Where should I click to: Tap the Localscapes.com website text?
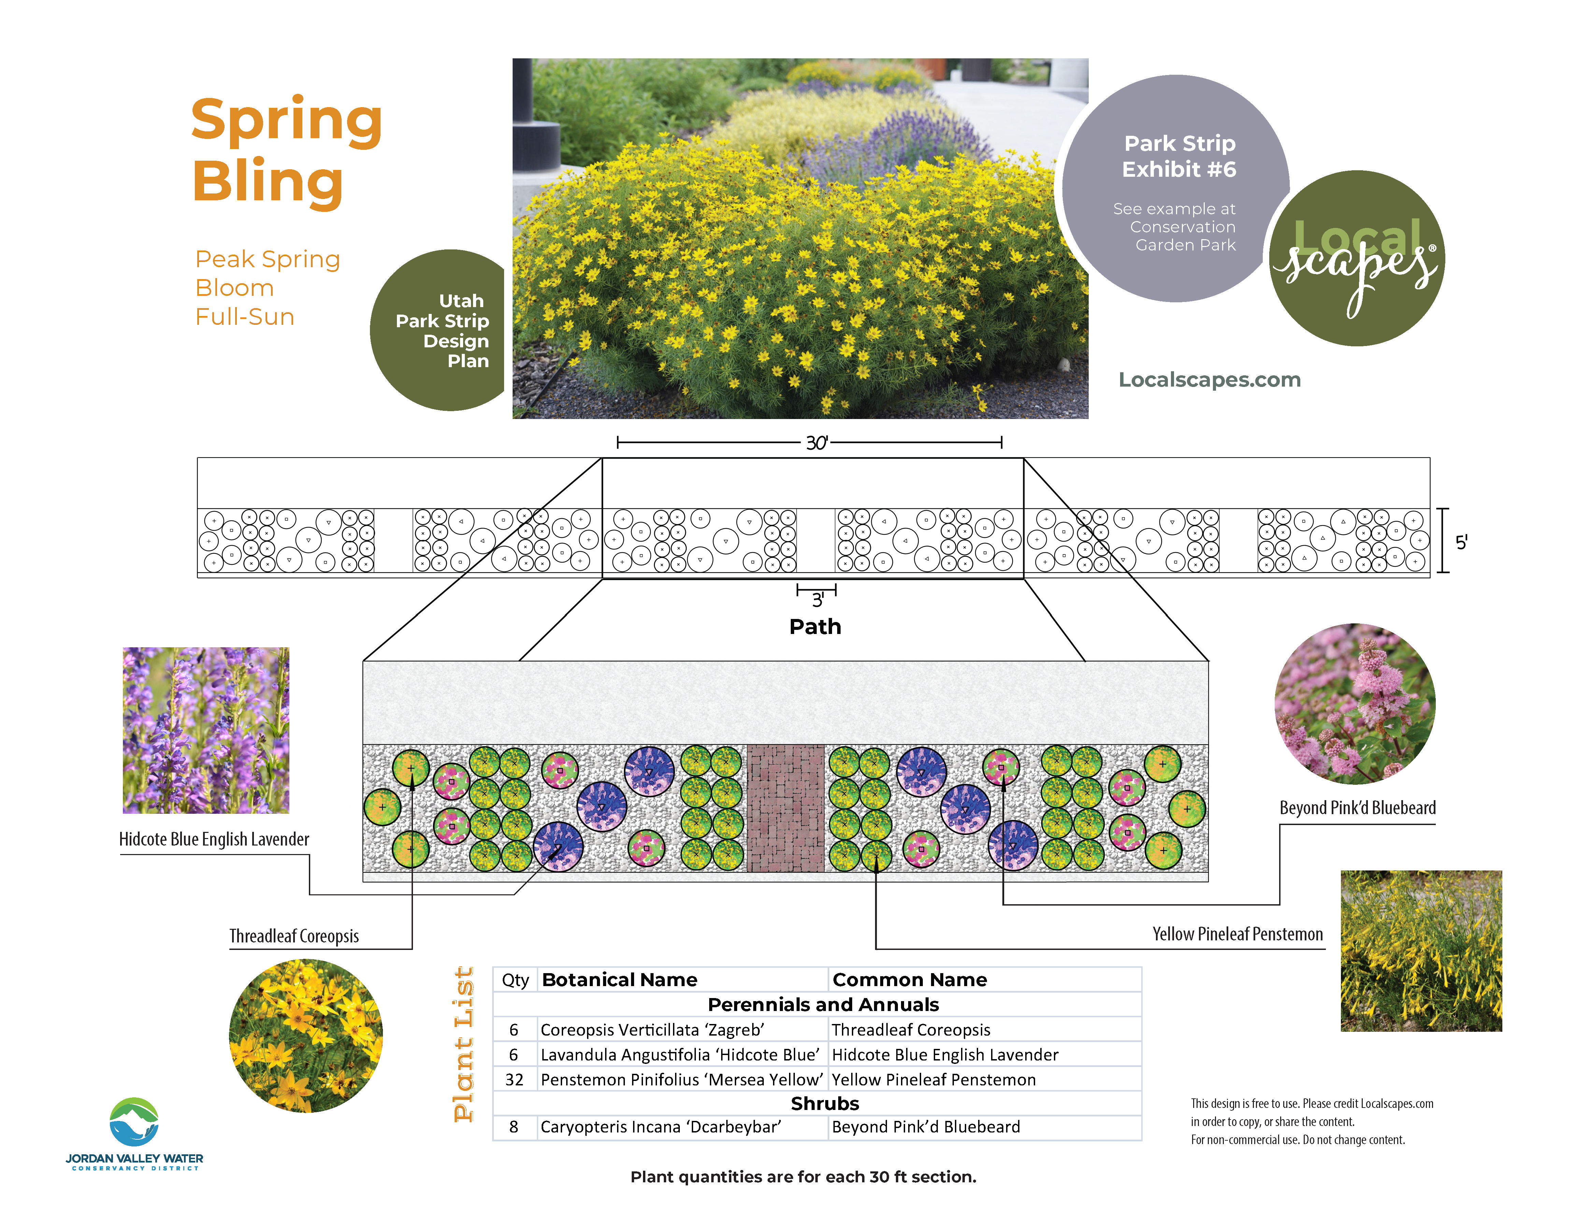pyautogui.click(x=1209, y=379)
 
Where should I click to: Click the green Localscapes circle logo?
pyautogui.click(x=1357, y=258)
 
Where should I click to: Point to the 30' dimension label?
pyautogui.click(x=817, y=443)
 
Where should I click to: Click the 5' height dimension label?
pyautogui.click(x=1461, y=542)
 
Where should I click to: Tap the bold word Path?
pyautogui.click(x=815, y=626)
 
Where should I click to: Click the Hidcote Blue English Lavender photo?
pyautogui.click(x=206, y=730)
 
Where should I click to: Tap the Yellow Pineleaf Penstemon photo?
pyautogui.click(x=1421, y=951)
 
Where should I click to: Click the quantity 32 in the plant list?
pyautogui.click(x=514, y=1080)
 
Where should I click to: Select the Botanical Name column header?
pyautogui.click(x=619, y=980)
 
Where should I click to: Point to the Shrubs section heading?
pyautogui.click(x=825, y=1103)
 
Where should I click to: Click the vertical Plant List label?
pyautogui.click(x=463, y=1044)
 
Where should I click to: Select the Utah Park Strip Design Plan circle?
pyautogui.click(x=438, y=330)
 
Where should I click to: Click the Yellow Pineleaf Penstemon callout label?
pyautogui.click(x=1238, y=934)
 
